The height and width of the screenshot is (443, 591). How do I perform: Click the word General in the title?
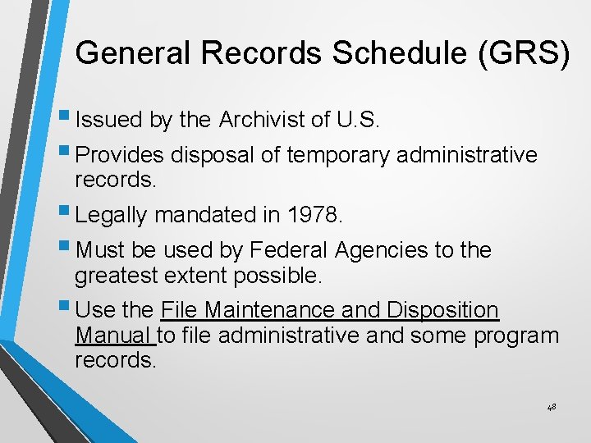[x=131, y=53]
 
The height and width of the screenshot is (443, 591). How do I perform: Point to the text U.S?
[x=357, y=121]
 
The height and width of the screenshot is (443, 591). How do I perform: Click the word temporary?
[x=339, y=155]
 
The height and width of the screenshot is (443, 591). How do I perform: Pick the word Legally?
[x=111, y=215]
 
